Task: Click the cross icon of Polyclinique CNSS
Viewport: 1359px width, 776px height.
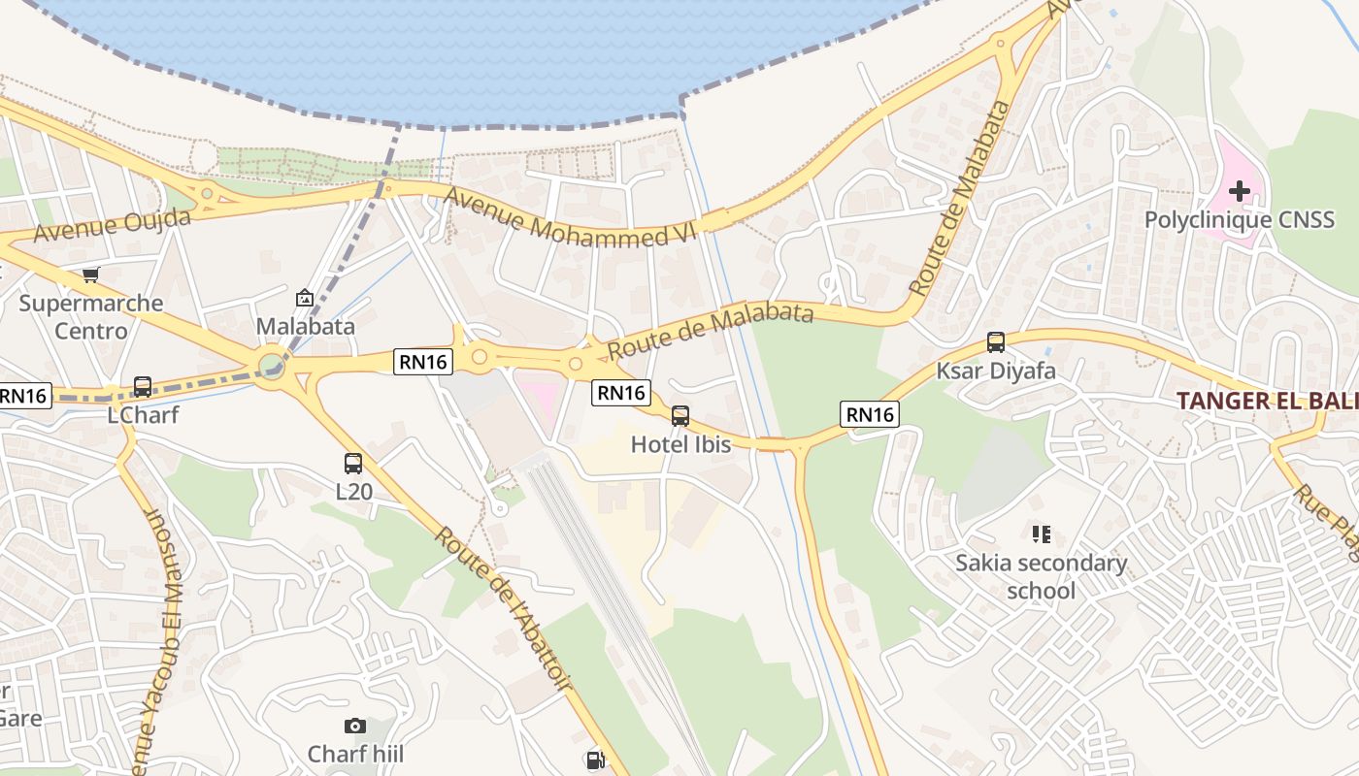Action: pos(1240,191)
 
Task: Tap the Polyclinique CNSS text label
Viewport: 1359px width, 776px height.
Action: pos(1240,220)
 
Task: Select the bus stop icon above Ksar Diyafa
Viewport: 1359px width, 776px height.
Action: pos(996,342)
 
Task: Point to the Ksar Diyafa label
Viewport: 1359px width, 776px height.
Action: pos(996,371)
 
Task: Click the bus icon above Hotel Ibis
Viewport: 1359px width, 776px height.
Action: pos(680,416)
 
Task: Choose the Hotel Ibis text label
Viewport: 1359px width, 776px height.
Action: pos(680,444)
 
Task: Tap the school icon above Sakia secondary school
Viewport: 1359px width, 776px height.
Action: pos(1042,533)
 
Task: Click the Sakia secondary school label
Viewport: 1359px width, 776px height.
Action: pos(1042,576)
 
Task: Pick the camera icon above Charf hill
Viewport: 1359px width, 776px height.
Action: pos(355,726)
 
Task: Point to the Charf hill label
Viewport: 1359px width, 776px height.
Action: pos(355,754)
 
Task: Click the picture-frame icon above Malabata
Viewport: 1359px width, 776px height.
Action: pos(305,298)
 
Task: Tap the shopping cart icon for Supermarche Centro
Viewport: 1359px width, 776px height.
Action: pos(90,275)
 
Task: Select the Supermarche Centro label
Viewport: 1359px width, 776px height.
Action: pos(90,317)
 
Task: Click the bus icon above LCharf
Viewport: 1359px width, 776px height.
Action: pos(143,387)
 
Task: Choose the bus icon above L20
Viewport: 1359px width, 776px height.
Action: pos(353,464)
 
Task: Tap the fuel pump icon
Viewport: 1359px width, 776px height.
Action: pos(595,760)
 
